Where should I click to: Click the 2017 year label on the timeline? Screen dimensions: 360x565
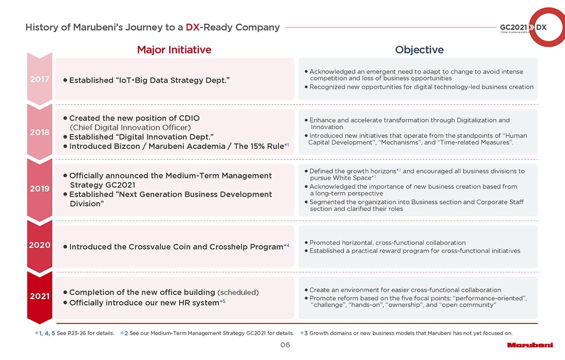coord(39,79)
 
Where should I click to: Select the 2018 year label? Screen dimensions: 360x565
coord(39,132)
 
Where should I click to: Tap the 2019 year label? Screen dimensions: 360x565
coord(39,188)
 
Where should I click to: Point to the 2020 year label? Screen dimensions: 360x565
coord(39,245)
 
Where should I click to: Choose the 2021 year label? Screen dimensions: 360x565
coord(39,296)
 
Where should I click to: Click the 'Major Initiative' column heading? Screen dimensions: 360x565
coord(174,50)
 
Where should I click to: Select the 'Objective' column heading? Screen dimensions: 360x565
coord(419,50)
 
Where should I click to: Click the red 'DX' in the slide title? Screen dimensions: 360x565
coord(192,27)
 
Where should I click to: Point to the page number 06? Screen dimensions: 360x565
coord(285,345)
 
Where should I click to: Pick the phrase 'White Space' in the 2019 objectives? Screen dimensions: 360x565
coord(351,178)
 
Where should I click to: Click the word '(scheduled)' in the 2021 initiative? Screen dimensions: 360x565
coord(238,292)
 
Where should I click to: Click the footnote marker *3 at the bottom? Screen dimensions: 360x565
coord(303,333)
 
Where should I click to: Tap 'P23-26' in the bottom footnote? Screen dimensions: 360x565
coord(76,333)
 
